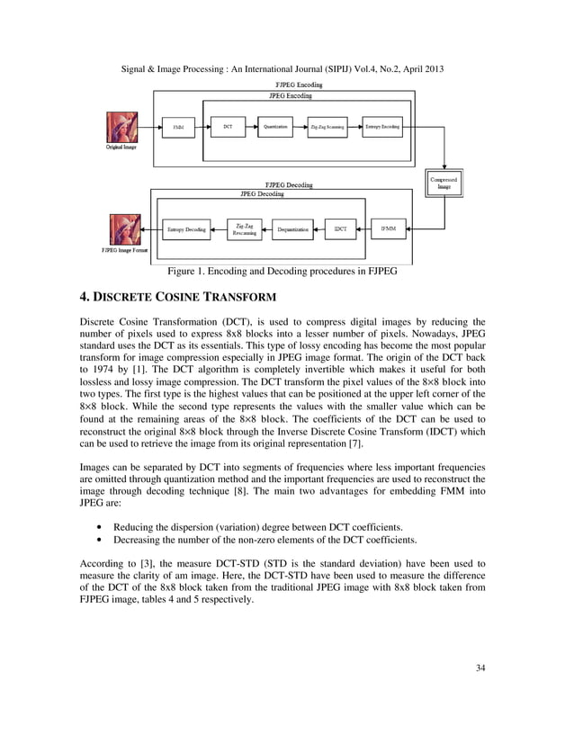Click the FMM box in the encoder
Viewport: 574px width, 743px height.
click(178, 129)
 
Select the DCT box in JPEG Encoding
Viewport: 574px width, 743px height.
click(229, 128)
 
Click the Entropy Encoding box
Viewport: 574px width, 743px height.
click(382, 128)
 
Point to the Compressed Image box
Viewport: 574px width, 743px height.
click(444, 182)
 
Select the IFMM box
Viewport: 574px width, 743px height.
click(389, 228)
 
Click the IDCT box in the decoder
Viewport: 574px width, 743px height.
click(340, 229)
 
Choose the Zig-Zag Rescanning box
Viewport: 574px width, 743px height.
click(243, 230)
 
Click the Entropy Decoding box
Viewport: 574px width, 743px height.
click(186, 230)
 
